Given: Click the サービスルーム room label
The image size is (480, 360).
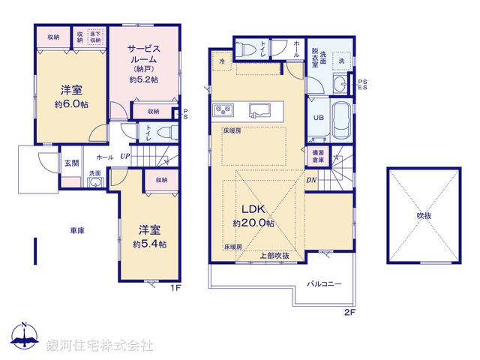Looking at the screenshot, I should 142,53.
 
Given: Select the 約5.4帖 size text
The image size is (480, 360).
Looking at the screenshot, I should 150,244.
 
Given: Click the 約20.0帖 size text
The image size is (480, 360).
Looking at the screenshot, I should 253,223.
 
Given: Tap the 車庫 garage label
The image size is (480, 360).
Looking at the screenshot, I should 77,230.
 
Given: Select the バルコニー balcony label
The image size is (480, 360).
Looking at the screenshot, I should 324,284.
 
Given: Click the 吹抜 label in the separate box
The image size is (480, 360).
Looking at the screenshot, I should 424,215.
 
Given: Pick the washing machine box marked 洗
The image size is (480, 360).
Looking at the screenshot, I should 341,60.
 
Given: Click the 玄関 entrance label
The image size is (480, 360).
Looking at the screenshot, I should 70,163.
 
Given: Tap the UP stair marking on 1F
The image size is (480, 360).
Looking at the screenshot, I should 124,157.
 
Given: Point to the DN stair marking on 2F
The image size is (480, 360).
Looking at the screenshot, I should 310,180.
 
